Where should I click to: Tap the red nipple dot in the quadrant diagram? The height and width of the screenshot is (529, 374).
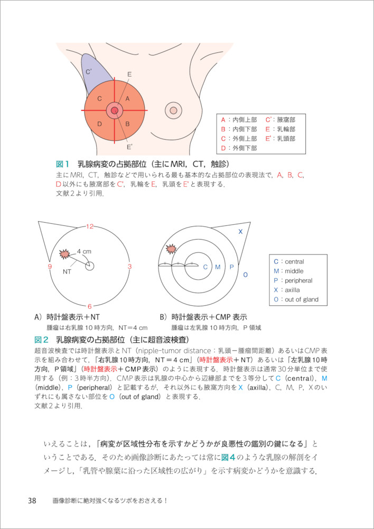tap(114, 111)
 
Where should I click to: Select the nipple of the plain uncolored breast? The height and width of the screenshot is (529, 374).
tap(173, 111)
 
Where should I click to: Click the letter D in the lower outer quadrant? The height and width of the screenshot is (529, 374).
tap(99, 124)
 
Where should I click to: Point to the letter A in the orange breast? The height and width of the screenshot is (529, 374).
tap(127, 98)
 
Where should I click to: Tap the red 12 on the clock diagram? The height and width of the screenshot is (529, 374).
tap(90, 226)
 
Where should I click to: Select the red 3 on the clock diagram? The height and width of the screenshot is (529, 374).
tap(130, 266)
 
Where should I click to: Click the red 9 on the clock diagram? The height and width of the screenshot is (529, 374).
tap(50, 267)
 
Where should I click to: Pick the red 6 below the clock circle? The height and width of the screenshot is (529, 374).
tap(90, 306)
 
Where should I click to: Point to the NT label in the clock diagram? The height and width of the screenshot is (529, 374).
tap(67, 271)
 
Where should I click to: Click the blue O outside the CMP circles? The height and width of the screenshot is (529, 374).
tap(245, 275)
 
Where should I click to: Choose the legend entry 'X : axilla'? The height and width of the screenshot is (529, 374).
tap(289, 290)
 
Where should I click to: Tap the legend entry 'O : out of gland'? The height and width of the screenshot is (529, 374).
tap(296, 299)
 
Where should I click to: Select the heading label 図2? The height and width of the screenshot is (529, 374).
tap(41, 339)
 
